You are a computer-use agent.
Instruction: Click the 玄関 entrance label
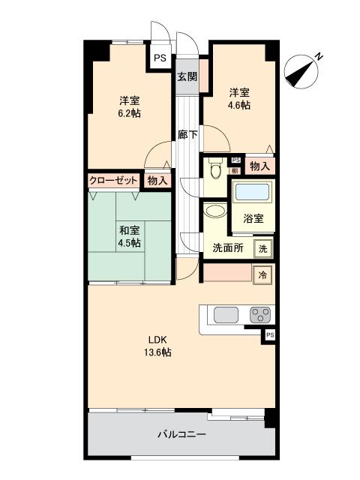(187, 76)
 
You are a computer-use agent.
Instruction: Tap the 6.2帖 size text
(130, 113)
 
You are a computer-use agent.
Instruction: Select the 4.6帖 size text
(238, 105)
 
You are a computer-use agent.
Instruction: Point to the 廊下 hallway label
(187, 134)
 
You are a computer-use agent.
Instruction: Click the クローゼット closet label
(113, 181)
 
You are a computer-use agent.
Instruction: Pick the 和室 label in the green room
(130, 230)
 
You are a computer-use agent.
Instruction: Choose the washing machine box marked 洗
(263, 248)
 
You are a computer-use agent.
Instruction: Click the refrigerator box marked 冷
(262, 275)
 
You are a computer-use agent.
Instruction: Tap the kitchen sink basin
(226, 315)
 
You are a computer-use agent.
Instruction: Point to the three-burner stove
(260, 315)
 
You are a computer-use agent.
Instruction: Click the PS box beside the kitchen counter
(270, 335)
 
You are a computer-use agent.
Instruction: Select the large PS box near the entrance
(160, 58)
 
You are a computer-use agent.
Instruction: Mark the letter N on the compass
(319, 56)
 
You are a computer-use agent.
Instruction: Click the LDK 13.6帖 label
(157, 346)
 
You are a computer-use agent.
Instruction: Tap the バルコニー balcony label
(181, 434)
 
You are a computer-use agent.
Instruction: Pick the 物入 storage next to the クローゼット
(157, 181)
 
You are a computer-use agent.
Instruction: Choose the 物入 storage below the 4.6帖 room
(260, 166)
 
